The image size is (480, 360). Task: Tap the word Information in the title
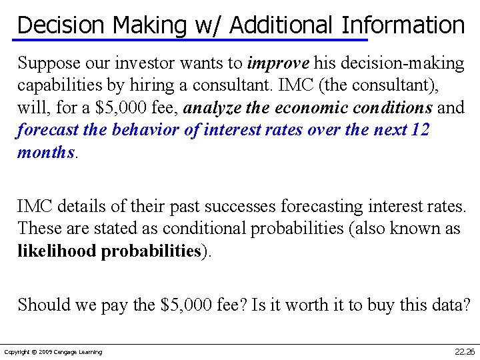(403, 25)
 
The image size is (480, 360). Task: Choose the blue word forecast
(47, 130)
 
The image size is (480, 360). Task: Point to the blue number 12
(420, 130)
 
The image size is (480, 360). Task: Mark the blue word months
(46, 152)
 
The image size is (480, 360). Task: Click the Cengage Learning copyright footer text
(53, 351)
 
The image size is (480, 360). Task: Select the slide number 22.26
(464, 351)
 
